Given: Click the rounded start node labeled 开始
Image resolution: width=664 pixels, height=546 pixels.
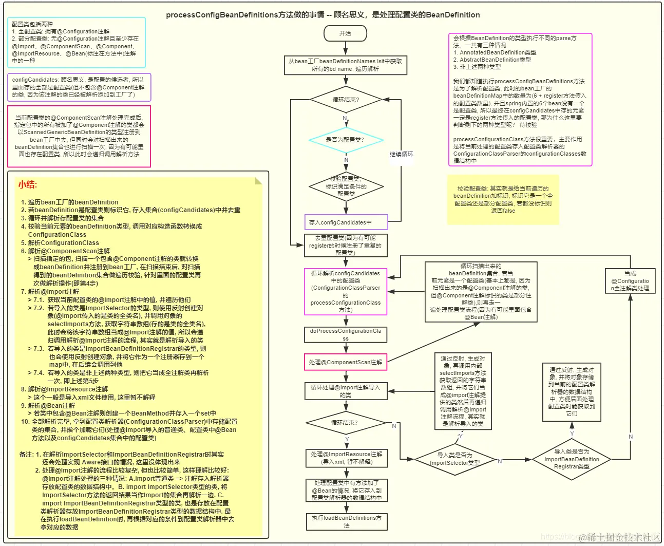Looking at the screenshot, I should click(x=345, y=33).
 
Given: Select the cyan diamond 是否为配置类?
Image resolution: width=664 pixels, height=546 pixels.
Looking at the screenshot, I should click(x=346, y=140).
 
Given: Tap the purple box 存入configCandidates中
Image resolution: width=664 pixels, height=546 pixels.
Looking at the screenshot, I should click(x=346, y=222).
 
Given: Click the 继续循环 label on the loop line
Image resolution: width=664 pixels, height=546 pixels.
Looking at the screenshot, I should click(x=401, y=154).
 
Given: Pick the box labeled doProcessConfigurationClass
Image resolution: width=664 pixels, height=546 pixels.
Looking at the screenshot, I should click(x=346, y=335).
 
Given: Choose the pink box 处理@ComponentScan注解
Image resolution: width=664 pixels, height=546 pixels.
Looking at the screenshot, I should click(x=346, y=362).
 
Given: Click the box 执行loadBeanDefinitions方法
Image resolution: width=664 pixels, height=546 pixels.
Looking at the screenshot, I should click(x=346, y=521).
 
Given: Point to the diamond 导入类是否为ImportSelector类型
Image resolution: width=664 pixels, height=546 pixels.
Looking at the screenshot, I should click(x=454, y=459).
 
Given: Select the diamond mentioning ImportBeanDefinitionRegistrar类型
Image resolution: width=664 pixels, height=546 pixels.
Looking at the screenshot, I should click(x=572, y=459).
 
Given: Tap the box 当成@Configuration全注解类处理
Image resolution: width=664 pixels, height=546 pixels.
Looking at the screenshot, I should click(x=630, y=281).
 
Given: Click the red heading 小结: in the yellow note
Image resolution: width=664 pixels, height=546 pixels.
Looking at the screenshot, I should click(x=28, y=185).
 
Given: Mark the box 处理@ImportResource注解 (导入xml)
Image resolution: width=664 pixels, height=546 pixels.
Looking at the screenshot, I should click(x=346, y=458).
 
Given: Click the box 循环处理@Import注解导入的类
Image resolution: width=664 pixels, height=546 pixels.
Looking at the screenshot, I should click(x=346, y=391).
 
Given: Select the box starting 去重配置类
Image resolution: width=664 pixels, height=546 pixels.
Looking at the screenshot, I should click(x=346, y=246).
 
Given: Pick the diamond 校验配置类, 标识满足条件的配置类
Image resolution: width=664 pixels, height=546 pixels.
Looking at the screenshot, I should click(x=346, y=186).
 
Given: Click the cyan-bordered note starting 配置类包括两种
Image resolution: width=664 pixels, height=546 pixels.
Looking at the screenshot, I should click(x=77, y=43).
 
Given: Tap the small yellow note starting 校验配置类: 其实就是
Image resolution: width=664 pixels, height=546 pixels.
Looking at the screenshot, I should click(x=503, y=200).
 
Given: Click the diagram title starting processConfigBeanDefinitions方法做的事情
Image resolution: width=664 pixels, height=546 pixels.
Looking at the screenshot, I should click(x=322, y=15).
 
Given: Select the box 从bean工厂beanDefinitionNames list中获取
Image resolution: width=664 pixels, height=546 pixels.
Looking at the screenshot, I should click(x=345, y=65).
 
